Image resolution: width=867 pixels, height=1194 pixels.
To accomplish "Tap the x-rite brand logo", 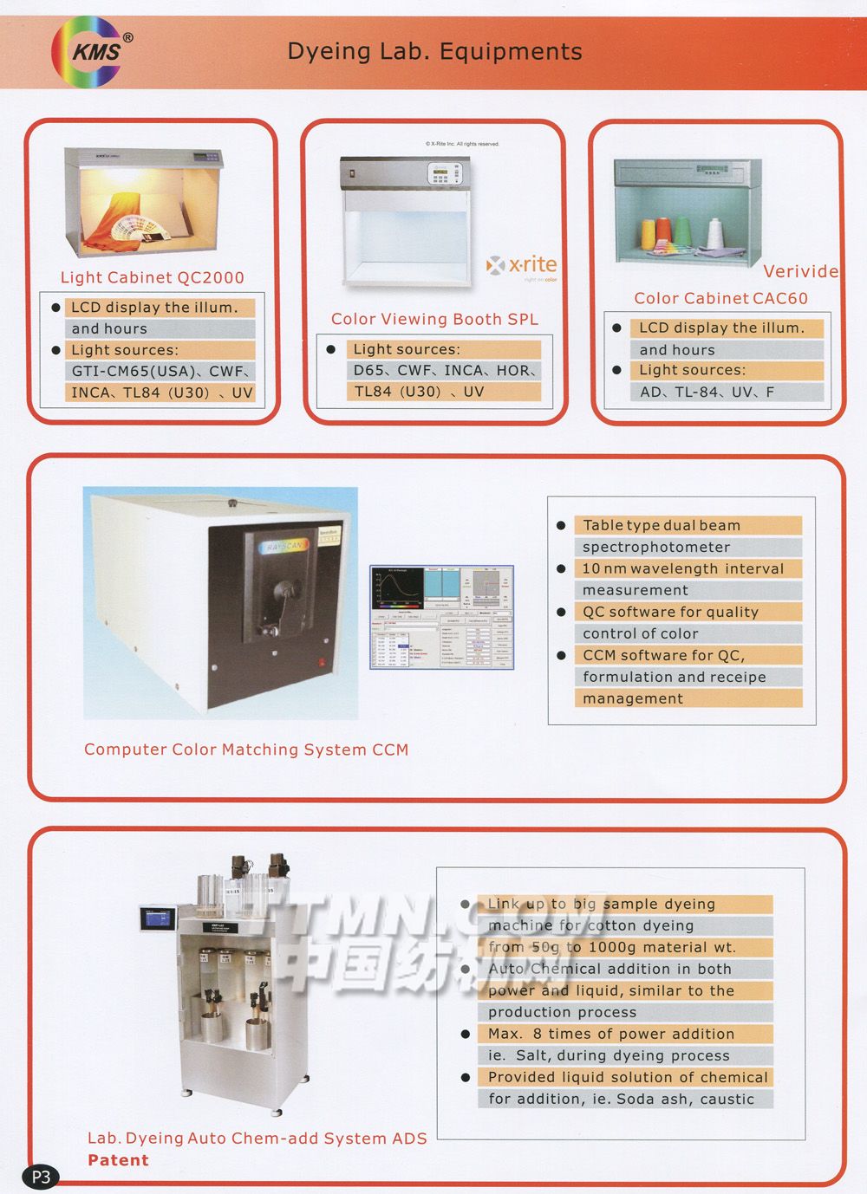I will click(x=523, y=266).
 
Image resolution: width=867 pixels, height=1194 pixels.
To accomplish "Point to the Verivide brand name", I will click(x=800, y=271).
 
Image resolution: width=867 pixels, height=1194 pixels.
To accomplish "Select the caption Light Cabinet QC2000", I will click(x=153, y=278).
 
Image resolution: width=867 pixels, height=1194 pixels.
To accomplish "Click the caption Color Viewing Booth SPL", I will click(x=434, y=319).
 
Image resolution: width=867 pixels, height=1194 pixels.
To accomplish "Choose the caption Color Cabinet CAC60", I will click(x=720, y=298).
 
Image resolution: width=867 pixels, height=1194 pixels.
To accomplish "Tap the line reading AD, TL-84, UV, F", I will click(x=707, y=392).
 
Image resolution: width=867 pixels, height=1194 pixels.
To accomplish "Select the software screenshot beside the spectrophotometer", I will click(x=442, y=617).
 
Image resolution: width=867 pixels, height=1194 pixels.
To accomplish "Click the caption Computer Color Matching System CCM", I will click(x=246, y=749).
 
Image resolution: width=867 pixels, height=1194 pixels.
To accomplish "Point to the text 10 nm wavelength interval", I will click(x=682, y=568).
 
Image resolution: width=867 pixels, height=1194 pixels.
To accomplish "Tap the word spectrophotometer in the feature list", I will click(x=656, y=547).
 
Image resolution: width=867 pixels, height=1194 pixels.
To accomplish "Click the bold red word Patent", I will click(x=118, y=1160).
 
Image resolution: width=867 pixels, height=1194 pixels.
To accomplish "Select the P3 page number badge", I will click(x=41, y=1177).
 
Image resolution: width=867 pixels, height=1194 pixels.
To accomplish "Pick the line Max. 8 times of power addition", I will click(x=610, y=1034).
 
